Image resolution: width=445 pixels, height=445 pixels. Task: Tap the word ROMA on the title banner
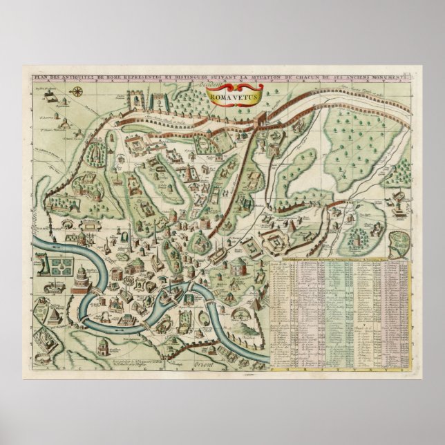coord(223,97)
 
